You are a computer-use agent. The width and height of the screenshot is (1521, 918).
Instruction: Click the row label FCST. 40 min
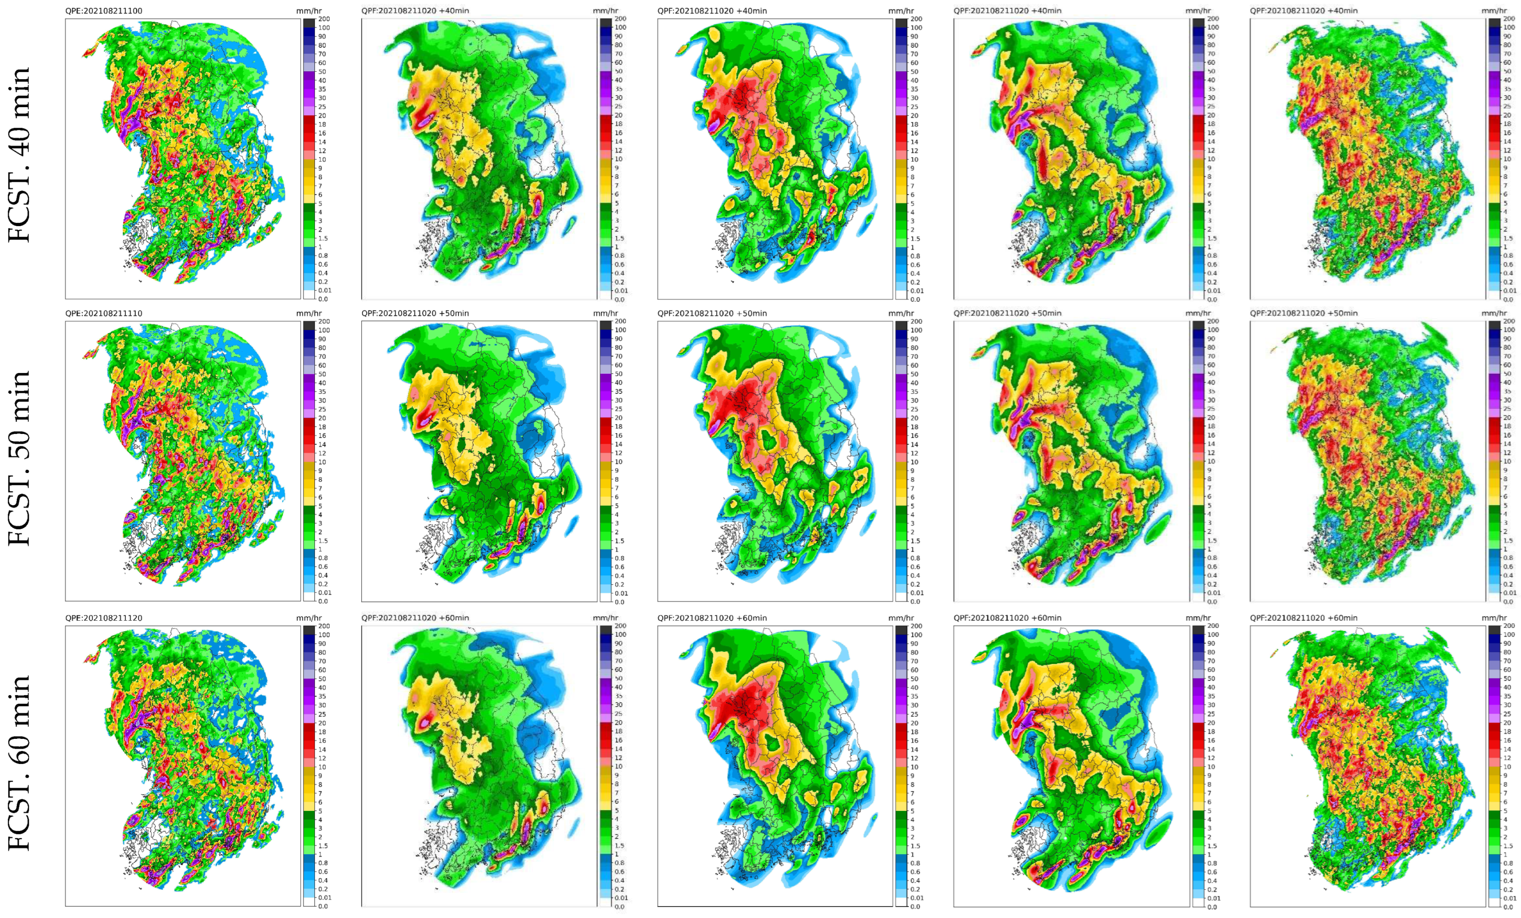(x=19, y=154)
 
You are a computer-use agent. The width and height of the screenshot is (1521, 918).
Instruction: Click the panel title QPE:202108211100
(x=104, y=11)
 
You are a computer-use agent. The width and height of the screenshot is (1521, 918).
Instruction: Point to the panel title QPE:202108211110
(x=104, y=313)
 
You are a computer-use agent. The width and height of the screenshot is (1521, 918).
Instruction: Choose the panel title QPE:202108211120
(x=104, y=618)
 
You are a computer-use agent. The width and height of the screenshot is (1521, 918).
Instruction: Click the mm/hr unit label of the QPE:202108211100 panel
(x=309, y=11)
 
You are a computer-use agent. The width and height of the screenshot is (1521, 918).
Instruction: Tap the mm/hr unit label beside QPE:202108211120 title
(x=309, y=618)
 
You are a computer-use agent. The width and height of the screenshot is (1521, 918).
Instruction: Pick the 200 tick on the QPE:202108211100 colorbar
(x=324, y=19)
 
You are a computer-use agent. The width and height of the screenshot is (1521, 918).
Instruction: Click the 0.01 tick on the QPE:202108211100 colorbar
(x=324, y=290)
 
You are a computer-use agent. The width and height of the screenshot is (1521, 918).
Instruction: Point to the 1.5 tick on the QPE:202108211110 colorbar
(x=322, y=541)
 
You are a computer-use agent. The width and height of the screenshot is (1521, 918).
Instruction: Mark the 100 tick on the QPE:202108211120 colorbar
(x=324, y=634)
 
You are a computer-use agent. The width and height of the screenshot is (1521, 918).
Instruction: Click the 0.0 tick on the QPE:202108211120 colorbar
(x=323, y=906)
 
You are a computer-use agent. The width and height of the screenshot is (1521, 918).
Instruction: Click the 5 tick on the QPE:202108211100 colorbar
(x=320, y=203)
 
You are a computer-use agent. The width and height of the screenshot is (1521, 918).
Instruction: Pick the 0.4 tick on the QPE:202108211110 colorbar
(x=322, y=575)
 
